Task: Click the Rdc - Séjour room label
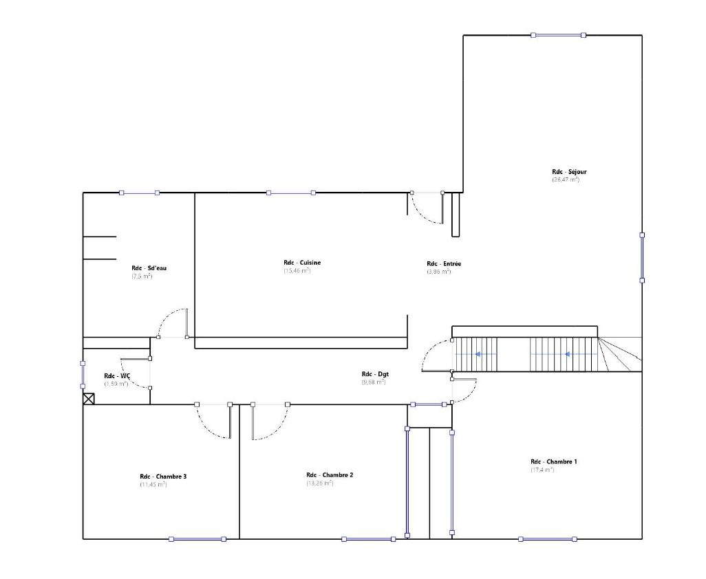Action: (x=568, y=172)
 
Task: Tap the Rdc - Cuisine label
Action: (x=301, y=263)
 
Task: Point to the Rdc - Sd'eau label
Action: (x=149, y=268)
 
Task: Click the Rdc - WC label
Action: (x=116, y=376)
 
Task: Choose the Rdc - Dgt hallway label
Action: (x=375, y=374)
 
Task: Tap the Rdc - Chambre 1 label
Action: (x=553, y=461)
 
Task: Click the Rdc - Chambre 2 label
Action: (x=330, y=475)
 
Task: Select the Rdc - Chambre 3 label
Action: (x=163, y=477)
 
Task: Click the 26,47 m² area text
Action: (x=565, y=180)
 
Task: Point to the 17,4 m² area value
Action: (x=542, y=470)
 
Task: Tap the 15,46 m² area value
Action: (x=297, y=271)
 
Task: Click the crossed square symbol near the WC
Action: (x=88, y=398)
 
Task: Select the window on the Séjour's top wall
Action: (x=558, y=35)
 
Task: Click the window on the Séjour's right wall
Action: (x=641, y=257)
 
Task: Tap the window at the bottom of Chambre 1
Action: (x=547, y=539)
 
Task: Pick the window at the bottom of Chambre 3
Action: (x=197, y=539)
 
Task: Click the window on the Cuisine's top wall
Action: (x=291, y=193)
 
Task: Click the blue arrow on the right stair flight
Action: (x=567, y=354)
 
